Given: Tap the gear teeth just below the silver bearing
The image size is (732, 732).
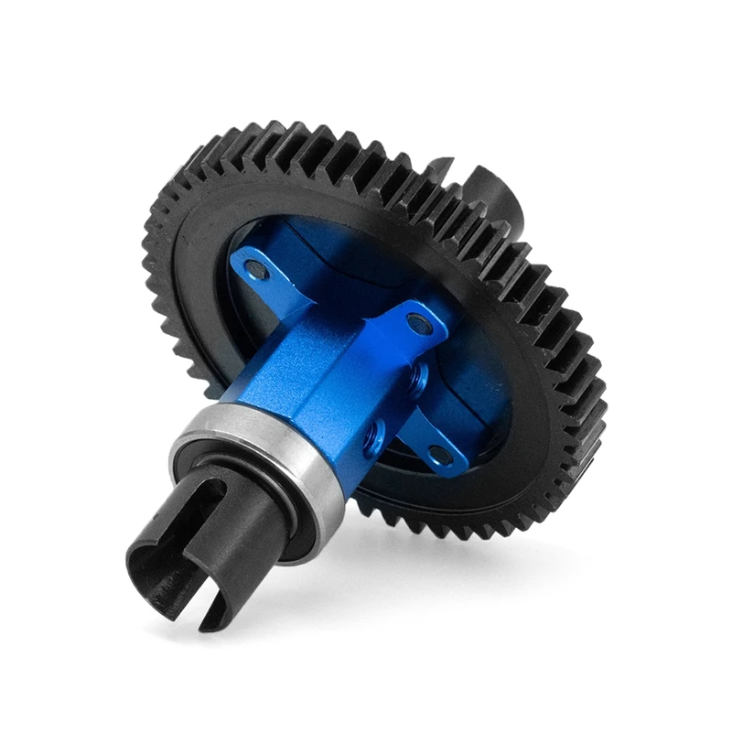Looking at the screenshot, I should pyautogui.click(x=384, y=512).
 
